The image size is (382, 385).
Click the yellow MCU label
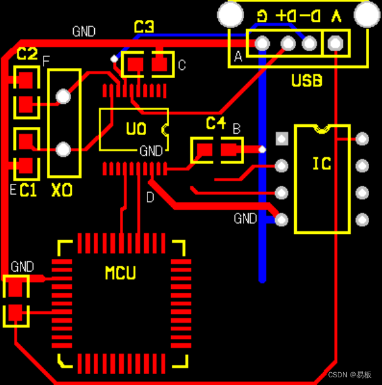click(120, 274)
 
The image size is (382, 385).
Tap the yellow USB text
click(306, 81)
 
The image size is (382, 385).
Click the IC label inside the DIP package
click(322, 164)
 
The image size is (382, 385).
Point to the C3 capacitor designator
click(144, 27)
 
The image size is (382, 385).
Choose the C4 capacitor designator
click(216, 122)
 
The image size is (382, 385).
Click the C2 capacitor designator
click(27, 54)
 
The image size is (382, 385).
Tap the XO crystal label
click(62, 190)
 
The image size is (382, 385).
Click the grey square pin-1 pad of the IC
click(281, 138)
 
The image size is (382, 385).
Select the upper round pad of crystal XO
click(63, 97)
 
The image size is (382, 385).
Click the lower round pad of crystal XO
click(63, 150)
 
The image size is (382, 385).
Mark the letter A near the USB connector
click(238, 58)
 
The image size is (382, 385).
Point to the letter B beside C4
click(236, 129)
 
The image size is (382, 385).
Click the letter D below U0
click(150, 197)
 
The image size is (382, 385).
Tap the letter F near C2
click(46, 61)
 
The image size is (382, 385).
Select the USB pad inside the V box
click(335, 44)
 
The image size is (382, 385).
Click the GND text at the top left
click(85, 31)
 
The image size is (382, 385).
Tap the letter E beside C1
click(12, 190)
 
